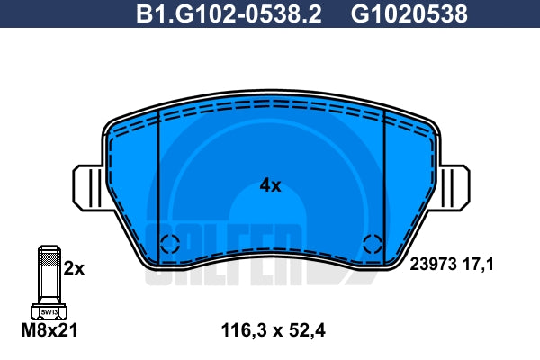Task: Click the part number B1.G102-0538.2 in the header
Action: [229, 13]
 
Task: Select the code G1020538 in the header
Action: [409, 13]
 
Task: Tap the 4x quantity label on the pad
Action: [270, 186]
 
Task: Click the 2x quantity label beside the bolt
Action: [74, 268]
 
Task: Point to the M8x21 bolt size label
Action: [49, 330]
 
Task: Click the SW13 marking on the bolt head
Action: [49, 312]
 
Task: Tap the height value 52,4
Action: [306, 330]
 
